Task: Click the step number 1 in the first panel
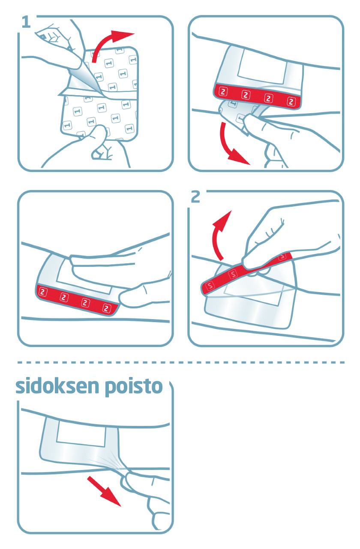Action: [x=26, y=22]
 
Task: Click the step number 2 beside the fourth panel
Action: [x=195, y=197]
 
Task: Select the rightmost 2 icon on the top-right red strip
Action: [x=292, y=102]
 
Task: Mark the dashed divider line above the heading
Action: [x=180, y=362]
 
